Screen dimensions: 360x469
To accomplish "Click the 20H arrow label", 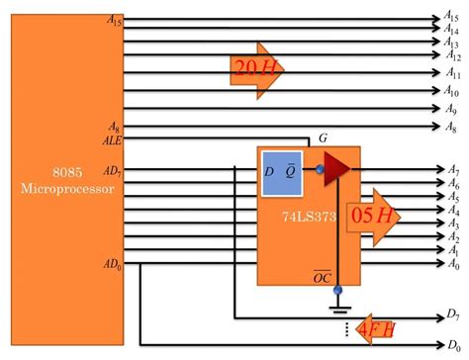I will tap(256, 68).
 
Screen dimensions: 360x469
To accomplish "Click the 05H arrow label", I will tap(373, 242).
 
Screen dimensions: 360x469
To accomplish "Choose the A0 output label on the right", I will tap(451, 264).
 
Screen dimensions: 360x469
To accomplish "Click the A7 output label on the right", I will tap(451, 171).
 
